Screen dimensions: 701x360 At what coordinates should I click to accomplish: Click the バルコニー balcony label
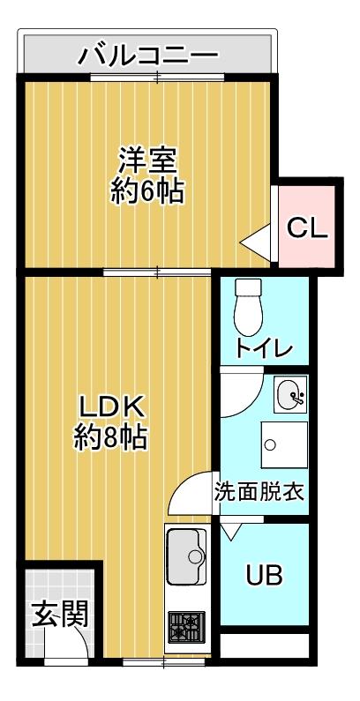(148, 56)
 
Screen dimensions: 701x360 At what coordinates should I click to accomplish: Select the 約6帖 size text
(148, 191)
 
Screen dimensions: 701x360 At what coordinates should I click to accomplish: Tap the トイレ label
(263, 347)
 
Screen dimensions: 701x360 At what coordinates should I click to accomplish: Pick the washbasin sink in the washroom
(290, 396)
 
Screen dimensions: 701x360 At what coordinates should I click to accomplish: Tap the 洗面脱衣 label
(260, 492)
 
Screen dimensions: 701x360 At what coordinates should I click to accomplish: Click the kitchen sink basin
(185, 553)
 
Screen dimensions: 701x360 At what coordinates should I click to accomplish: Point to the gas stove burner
(186, 628)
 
